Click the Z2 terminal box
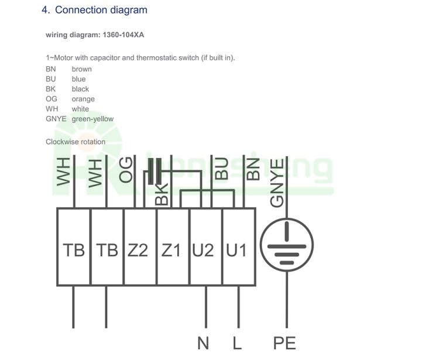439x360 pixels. tap(140, 246)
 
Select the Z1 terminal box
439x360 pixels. tap(173, 246)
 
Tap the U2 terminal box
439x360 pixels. tap(207, 246)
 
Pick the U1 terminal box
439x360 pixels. tap(239, 246)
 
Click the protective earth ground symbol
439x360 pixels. tap(287, 245)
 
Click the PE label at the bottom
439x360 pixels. tap(284, 343)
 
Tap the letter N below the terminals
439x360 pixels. tap(203, 343)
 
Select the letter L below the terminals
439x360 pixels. tap(237, 343)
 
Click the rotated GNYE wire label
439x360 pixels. tap(277, 183)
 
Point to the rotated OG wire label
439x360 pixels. tap(126, 170)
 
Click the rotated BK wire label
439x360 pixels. tap(162, 194)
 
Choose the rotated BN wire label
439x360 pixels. tap(253, 169)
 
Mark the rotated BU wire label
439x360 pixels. tap(221, 169)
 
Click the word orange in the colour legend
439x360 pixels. tap(83, 99)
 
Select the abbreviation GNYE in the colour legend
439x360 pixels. tap(56, 119)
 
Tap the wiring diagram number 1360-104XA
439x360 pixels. tap(124, 35)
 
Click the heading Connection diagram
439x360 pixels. tap(101, 10)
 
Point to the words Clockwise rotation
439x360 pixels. tap(76, 142)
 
